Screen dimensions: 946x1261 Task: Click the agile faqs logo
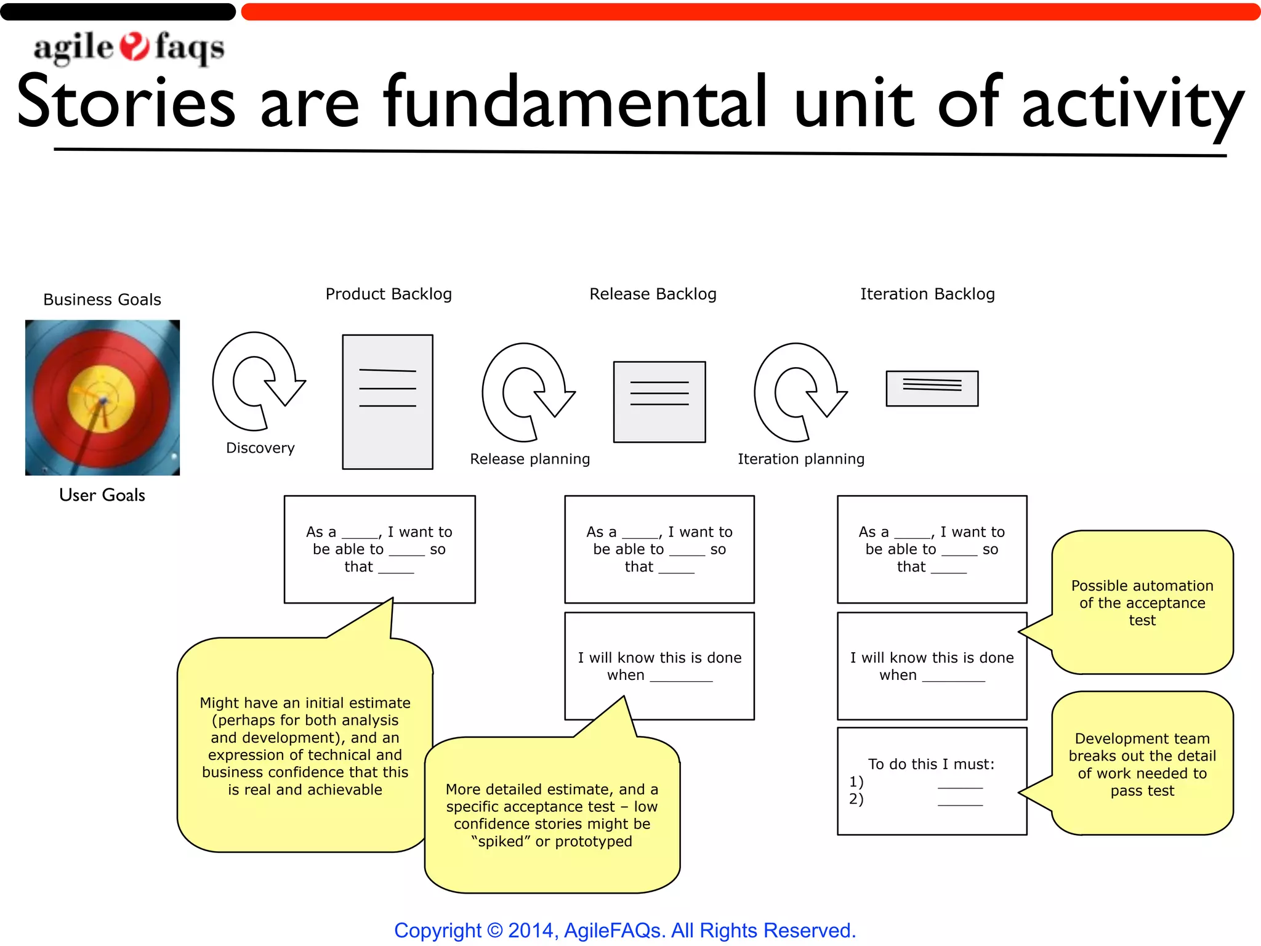pos(129,48)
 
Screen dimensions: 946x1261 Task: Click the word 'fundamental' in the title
pos(575,103)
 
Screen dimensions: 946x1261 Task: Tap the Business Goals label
pos(102,300)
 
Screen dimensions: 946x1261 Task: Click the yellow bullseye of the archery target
pos(102,398)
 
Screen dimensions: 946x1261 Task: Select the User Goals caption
pos(102,495)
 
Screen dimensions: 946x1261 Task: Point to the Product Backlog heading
pos(389,294)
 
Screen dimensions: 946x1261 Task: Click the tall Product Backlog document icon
pos(387,402)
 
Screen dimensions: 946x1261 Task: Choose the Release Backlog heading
pos(653,294)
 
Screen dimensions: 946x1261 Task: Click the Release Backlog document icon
pos(659,402)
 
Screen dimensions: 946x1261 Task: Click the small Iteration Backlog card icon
pos(932,389)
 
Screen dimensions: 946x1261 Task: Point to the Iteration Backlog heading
pos(927,294)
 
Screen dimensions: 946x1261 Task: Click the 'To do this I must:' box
pos(932,781)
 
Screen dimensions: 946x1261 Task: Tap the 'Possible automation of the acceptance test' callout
pos(1142,603)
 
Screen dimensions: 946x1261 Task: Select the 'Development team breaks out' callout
pos(1142,764)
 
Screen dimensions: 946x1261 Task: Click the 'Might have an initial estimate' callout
pos(305,746)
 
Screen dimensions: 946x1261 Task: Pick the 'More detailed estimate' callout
pos(552,815)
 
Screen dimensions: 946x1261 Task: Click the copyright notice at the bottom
pos(625,930)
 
